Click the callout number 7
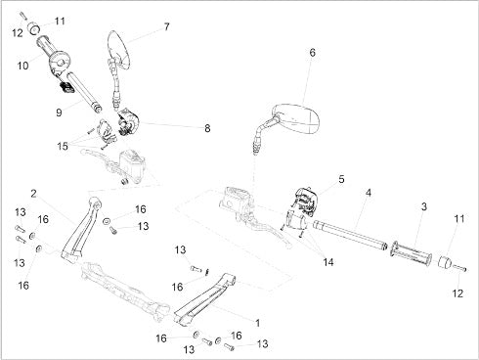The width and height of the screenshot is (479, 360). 166,26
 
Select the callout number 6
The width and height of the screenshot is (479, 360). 312,53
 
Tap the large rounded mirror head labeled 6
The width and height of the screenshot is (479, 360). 296,118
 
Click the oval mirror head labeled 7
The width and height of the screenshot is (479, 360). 119,50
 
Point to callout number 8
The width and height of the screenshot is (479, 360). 207,128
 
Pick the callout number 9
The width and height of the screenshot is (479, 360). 59,112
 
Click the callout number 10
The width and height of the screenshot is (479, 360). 22,66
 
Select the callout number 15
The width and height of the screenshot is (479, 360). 63,146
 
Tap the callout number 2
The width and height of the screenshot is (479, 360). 33,194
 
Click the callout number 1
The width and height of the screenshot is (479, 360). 257,323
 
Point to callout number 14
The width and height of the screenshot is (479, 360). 328,262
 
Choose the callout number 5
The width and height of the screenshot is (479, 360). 341,179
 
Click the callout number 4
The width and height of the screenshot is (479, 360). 368,193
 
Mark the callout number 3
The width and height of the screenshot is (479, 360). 423,206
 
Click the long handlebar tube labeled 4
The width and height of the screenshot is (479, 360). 350,236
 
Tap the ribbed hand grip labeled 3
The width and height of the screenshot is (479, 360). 412,253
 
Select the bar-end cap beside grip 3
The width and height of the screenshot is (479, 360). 445,262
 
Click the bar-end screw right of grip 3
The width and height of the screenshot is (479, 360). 459,268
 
